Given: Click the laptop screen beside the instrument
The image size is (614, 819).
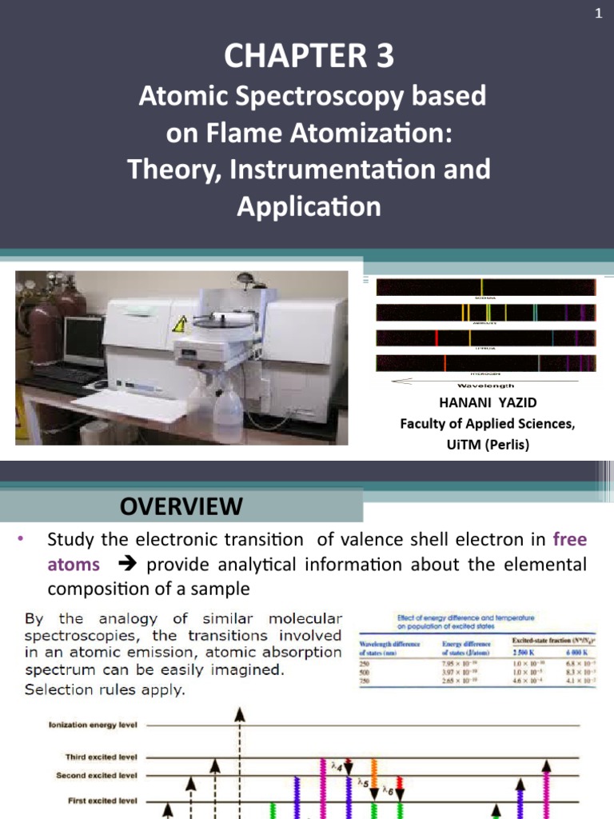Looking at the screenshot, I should pos(84,339).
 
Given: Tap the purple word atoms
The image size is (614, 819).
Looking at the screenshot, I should pos(74,565).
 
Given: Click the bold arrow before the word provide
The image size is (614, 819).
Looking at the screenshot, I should pos(127,565).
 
